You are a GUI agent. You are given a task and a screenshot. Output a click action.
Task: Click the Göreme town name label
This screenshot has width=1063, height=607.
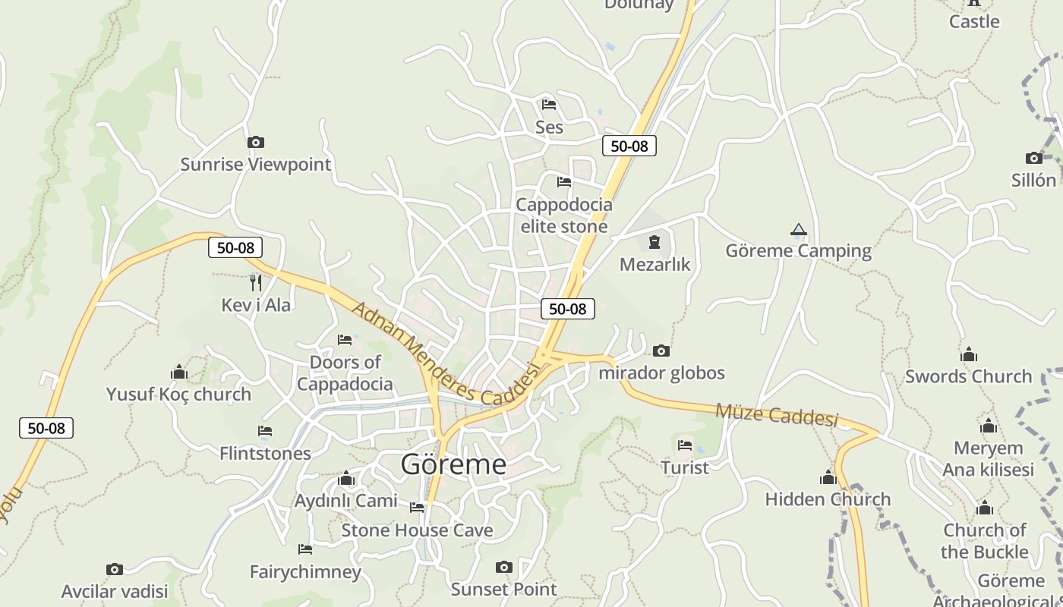453,464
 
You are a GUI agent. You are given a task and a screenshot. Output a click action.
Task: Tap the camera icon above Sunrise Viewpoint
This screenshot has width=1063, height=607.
256,142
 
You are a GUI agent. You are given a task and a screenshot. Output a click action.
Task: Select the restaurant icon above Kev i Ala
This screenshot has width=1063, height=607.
256,282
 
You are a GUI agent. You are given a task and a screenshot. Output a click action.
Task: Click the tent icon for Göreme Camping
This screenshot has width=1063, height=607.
798,229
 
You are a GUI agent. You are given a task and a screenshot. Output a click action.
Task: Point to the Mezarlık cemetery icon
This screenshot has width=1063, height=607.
655,242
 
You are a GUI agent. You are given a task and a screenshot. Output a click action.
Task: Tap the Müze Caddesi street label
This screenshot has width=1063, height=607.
777,415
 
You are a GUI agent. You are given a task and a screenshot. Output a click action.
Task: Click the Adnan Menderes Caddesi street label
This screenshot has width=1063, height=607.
446,354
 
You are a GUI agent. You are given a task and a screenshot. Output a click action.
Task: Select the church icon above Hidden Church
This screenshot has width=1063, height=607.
828,477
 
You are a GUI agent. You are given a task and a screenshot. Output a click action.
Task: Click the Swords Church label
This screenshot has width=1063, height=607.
968,376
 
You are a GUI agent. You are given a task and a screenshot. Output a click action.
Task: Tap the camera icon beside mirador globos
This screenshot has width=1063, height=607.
661,351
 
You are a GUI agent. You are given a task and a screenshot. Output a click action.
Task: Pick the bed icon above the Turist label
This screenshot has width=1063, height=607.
685,445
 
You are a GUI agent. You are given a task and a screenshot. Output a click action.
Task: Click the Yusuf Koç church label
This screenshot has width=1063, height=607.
178,394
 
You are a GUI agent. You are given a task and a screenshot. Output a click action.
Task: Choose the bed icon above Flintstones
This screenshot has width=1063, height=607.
265,431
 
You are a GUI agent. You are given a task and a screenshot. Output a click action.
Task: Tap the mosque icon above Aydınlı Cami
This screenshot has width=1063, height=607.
346,478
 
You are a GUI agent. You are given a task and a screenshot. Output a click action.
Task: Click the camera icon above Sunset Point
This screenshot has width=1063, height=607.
503,567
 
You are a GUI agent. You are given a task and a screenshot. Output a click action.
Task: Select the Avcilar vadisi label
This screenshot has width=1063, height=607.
115,590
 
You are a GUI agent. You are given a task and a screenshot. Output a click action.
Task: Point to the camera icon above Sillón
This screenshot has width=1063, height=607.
1034,158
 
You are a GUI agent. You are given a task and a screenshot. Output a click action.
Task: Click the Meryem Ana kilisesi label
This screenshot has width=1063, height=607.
988,458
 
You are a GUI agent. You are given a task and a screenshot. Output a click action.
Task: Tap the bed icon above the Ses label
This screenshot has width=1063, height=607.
549,104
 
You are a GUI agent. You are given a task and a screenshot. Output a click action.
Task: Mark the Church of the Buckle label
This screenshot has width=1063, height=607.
985,540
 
